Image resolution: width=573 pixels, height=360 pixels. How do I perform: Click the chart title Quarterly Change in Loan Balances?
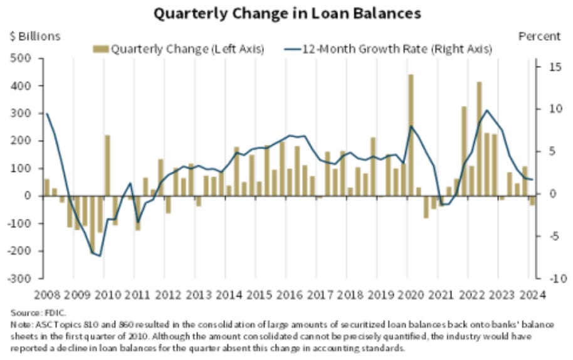click(x=286, y=12)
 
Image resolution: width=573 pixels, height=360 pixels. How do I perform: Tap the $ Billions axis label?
click(x=34, y=36)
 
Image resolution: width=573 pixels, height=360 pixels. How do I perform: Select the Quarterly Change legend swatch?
click(x=100, y=48)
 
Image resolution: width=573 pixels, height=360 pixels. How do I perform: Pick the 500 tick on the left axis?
click(x=22, y=58)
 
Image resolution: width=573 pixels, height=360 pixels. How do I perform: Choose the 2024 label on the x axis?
click(x=532, y=294)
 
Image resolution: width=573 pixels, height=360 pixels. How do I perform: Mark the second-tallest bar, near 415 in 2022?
click(x=479, y=138)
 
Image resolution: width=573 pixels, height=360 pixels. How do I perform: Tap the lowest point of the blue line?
click(x=100, y=256)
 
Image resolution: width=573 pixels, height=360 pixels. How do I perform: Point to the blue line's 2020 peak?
click(x=411, y=126)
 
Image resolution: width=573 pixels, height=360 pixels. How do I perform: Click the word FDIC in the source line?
click(x=47, y=312)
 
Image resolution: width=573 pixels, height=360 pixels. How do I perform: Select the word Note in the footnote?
click(x=19, y=323)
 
